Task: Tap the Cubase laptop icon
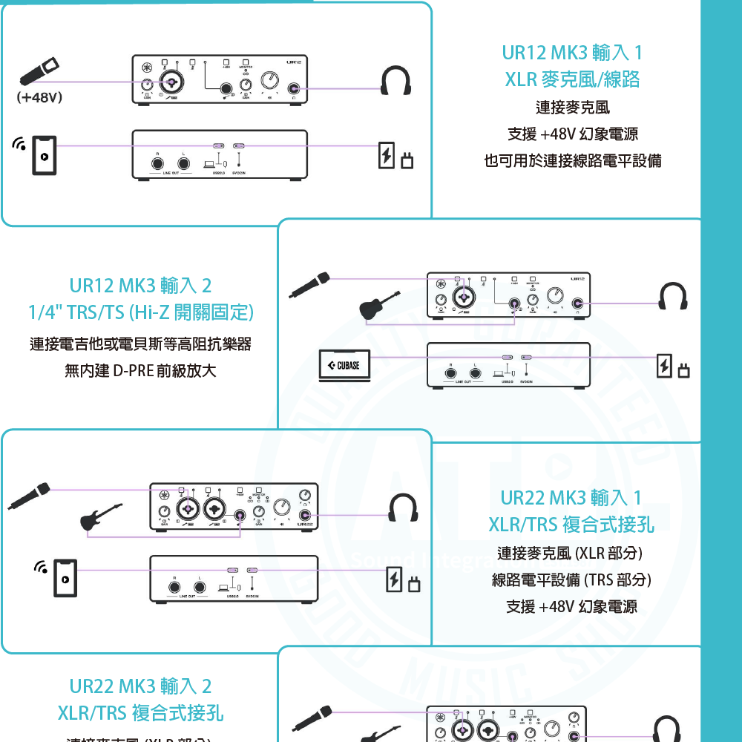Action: tap(344, 365)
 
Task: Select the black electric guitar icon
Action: tap(101, 516)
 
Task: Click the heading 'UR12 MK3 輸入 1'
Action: tap(572, 53)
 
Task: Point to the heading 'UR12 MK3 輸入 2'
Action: tap(140, 286)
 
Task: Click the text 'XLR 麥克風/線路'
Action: tap(572, 79)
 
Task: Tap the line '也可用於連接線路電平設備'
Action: tap(572, 160)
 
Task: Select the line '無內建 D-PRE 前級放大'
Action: tap(140, 370)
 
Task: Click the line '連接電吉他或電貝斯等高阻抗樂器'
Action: tap(140, 344)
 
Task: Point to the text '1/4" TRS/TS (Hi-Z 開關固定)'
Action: tap(140, 312)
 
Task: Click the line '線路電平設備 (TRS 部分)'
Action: tap(571, 580)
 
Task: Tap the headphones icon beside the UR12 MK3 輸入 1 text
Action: tap(395, 81)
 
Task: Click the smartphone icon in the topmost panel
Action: tap(45, 156)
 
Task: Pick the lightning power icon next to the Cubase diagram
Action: tap(666, 365)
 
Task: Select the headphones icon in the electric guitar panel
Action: tap(404, 509)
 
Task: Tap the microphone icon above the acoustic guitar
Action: tap(310, 285)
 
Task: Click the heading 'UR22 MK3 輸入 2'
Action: tap(140, 686)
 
